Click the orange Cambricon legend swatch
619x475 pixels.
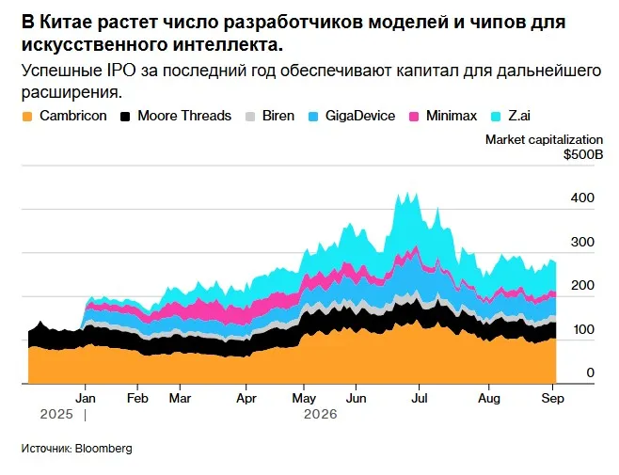click(27, 117)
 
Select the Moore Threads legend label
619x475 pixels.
click(184, 116)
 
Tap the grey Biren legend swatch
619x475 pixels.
click(250, 117)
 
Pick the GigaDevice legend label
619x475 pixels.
click(360, 116)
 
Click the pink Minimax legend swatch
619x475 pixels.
click(414, 117)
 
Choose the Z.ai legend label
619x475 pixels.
click(519, 116)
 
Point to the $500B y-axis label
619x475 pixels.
click(583, 154)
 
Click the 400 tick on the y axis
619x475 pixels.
click(582, 198)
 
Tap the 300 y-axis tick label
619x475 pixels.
click(582, 242)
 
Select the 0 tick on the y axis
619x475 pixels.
click(590, 372)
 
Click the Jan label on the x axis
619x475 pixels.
click(86, 398)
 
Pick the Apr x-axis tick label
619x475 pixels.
click(246, 399)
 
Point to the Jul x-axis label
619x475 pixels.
click(420, 398)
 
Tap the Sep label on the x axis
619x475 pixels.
click(553, 399)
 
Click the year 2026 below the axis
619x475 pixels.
click(321, 414)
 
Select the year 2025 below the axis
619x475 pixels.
click(56, 414)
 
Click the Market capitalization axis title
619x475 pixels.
click(544, 140)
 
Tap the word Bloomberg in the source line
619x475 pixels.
click(103, 449)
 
